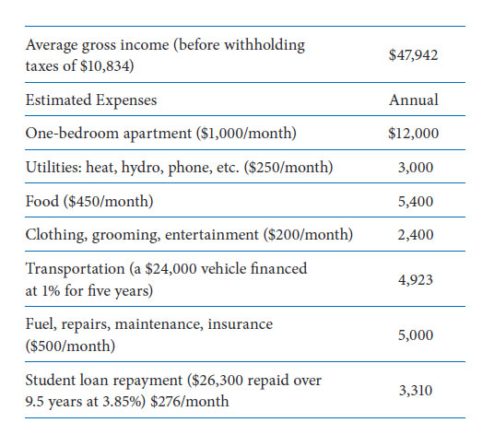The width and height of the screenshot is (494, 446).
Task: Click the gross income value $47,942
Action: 413,55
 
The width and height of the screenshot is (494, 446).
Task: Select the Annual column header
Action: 413,100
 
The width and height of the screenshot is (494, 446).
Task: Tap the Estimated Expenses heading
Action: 91,100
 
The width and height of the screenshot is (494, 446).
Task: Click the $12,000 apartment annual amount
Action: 413,134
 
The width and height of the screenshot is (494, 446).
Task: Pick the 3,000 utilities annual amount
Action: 416,168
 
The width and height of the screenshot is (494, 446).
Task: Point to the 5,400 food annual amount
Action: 416,201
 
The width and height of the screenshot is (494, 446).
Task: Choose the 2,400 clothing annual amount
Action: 416,235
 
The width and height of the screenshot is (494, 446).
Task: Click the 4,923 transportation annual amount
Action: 416,280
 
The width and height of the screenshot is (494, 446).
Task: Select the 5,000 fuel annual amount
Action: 416,334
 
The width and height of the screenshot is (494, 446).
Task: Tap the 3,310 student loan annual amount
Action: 416,391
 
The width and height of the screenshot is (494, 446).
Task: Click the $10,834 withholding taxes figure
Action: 105,66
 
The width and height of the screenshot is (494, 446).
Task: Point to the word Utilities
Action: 53,167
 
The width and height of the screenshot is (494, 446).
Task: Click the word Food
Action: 41,201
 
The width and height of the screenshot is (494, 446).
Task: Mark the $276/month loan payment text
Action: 190,401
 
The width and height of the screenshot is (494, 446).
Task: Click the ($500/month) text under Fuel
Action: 70,346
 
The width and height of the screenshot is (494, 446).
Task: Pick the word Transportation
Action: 75,269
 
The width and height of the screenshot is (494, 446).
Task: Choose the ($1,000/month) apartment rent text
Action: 246,134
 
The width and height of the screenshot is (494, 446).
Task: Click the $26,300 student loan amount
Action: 218,381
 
